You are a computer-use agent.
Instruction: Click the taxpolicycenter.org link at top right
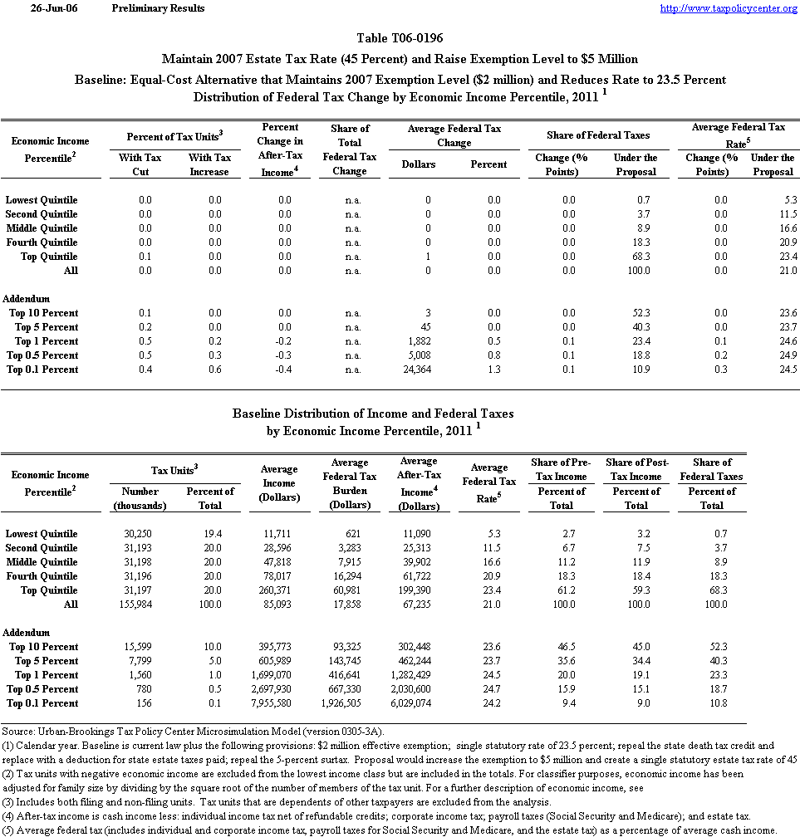[728, 8]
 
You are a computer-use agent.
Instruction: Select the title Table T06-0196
[400, 39]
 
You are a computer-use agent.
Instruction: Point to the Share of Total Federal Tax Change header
[350, 149]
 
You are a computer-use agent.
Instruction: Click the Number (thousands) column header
[140, 498]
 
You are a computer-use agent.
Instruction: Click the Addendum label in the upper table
[27, 299]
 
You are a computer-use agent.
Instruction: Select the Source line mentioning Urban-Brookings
[192, 732]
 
